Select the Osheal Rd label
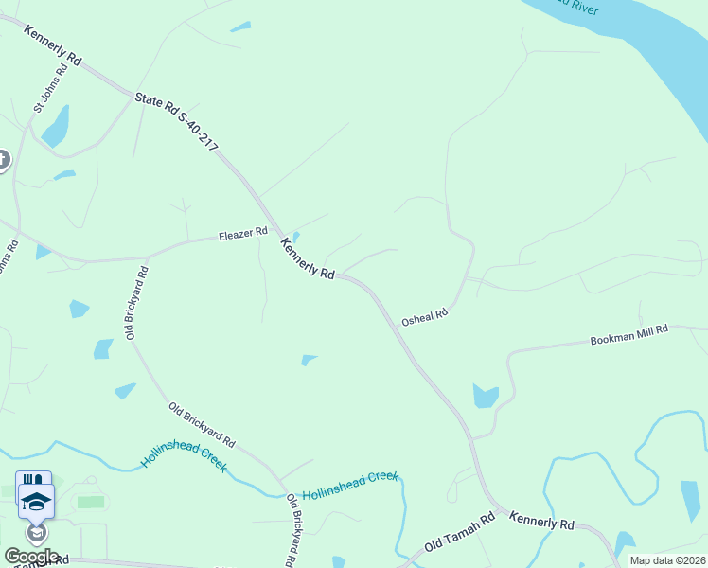click(423, 318)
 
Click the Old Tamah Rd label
click(460, 532)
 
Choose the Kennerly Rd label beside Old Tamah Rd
click(541, 521)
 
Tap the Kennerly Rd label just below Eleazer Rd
click(308, 258)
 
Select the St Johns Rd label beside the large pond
click(51, 89)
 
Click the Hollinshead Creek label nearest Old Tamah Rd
click(350, 487)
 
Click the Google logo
click(31, 556)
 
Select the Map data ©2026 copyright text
click(667, 560)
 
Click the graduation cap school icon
click(35, 501)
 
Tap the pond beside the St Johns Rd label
click(56, 125)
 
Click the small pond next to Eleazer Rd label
click(295, 237)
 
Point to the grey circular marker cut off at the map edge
click(3, 161)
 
